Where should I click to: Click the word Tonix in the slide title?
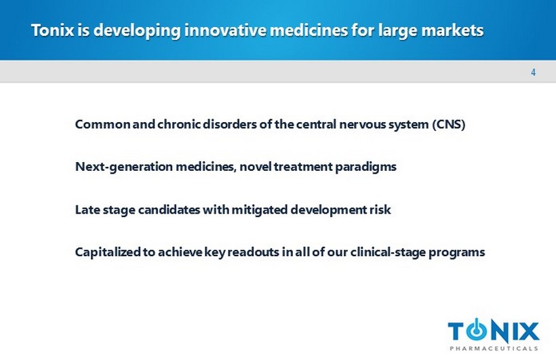[x=53, y=30]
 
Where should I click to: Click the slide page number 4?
[x=533, y=73]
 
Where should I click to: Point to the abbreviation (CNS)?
[x=449, y=125]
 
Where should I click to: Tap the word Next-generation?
[x=124, y=167]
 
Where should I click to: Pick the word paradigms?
[x=365, y=167]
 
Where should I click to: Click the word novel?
[x=256, y=167]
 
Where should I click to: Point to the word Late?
[x=87, y=209]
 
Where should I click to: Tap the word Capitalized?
[x=108, y=252]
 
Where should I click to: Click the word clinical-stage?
[x=388, y=252]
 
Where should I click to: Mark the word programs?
[x=457, y=252]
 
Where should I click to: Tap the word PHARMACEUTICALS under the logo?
[x=494, y=348]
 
